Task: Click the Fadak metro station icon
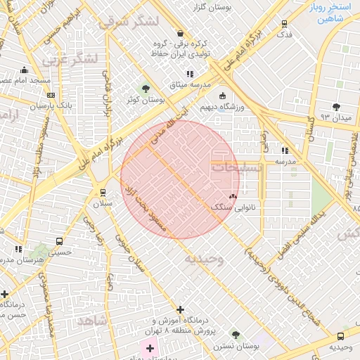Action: pos(284,22)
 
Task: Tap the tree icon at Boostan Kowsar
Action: pos(146,89)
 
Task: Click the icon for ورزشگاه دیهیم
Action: pos(223,96)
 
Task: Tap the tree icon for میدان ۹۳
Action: pos(336,106)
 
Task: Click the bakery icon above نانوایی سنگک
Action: pos(233,196)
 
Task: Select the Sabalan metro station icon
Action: pos(103,192)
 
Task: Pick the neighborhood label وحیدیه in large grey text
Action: pos(204,259)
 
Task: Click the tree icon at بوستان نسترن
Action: pos(236,335)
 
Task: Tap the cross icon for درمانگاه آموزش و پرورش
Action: pos(181,309)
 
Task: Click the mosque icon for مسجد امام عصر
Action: pos(25,70)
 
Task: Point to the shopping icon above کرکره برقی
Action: pos(181,33)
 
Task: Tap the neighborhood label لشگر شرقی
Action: pos(139,21)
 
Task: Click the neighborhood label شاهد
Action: pos(95,320)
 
